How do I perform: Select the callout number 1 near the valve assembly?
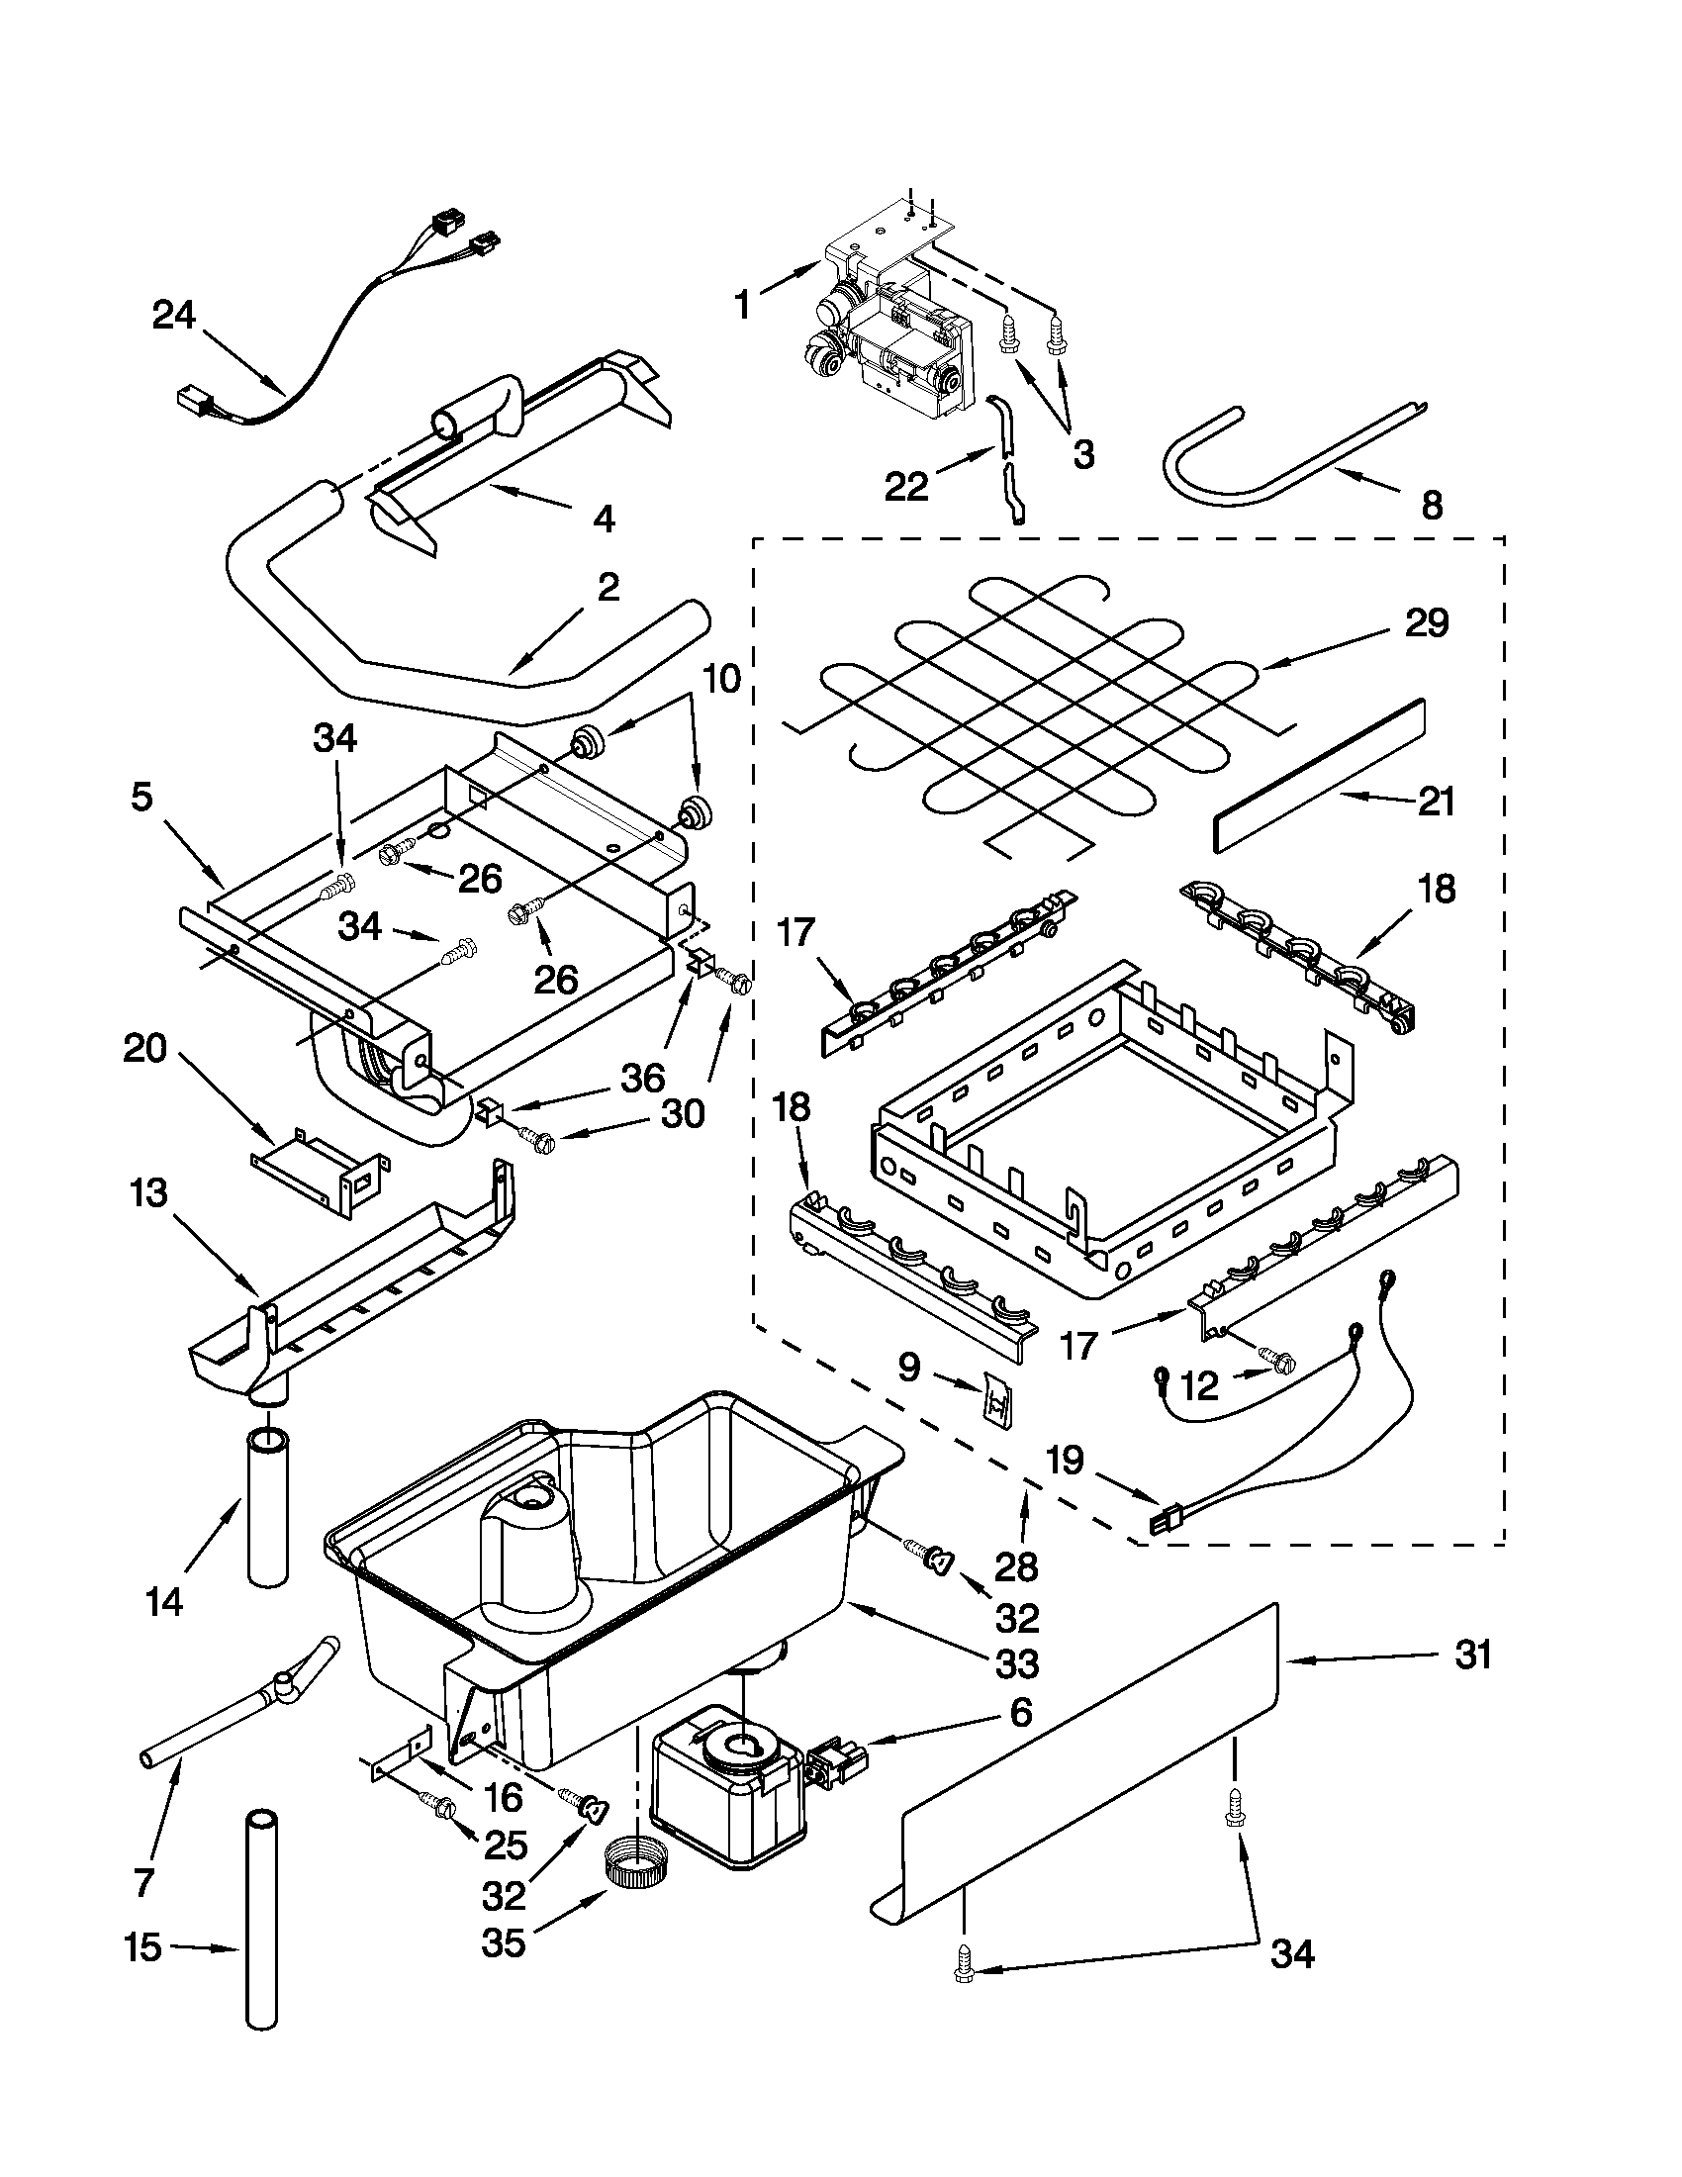(x=741, y=306)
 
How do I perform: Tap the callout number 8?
(x=1431, y=507)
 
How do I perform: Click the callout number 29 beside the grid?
(x=1426, y=624)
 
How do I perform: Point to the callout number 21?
(x=1435, y=802)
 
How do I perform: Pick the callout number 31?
(x=1473, y=1656)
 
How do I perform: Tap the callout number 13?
(x=148, y=1193)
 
